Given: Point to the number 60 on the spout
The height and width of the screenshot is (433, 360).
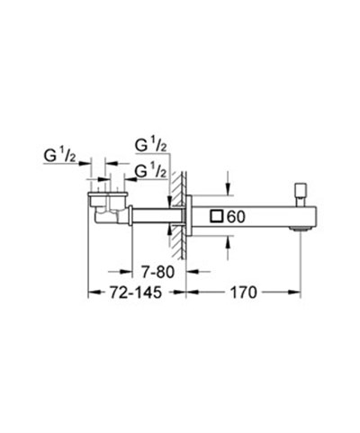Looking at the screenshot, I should point(237,216).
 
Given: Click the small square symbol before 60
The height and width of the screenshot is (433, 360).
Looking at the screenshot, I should point(216,216).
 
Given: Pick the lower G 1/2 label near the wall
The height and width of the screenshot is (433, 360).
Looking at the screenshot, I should point(150,170).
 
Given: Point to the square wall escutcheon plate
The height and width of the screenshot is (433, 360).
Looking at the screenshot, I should point(187,216).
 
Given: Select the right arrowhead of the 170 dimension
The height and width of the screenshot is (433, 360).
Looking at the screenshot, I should point(295,293).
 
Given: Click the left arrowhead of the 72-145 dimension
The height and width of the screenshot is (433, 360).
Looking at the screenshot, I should point(91,293).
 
